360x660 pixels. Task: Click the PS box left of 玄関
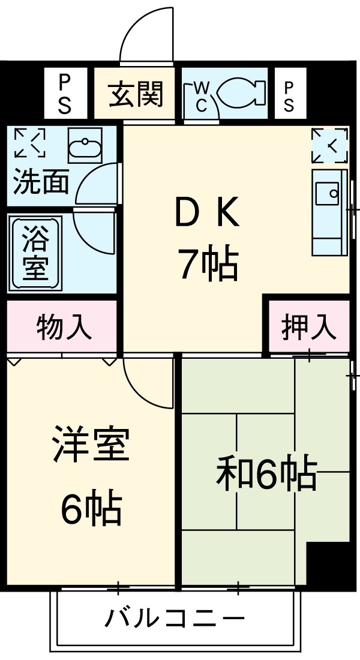[65, 95]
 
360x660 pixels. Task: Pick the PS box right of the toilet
[289, 95]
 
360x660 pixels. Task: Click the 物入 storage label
[64, 328]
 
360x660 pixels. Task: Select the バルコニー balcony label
[176, 618]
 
